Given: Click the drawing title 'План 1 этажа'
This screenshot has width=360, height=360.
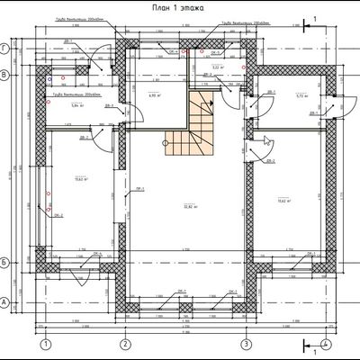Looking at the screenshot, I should tap(180, 7).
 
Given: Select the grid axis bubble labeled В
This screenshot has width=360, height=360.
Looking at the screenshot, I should tap(6, 76).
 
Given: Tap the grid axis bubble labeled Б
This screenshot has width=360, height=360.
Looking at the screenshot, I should tap(6, 261).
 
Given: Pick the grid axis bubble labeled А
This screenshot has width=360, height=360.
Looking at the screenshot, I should tap(6, 302).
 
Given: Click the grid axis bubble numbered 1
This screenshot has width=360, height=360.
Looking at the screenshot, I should tap(42, 344).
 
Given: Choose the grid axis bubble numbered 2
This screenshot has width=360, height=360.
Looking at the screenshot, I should tap(124, 344).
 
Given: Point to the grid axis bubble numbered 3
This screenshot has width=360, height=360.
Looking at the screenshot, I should tap(244, 344).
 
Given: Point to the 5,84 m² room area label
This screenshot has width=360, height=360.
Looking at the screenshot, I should tap(76, 105).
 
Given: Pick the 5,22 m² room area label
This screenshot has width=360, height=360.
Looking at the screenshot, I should tap(216, 67).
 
